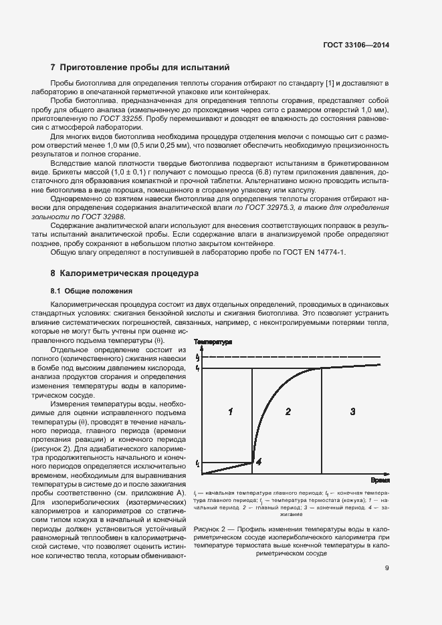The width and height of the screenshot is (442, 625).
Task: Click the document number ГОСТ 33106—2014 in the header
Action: coord(354,45)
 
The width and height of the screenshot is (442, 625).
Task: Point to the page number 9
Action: coord(387,569)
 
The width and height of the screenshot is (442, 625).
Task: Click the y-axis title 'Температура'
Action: coord(213,342)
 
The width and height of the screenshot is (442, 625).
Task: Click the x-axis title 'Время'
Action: coord(380,480)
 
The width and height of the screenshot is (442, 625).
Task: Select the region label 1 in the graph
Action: coord(229,412)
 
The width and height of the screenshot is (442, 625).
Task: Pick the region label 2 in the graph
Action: coord(288,412)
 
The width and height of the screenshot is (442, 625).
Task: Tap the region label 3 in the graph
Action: coord(352,412)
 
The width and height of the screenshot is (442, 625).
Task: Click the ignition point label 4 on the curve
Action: coord(259,461)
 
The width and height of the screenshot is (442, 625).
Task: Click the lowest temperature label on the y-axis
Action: coord(198,462)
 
